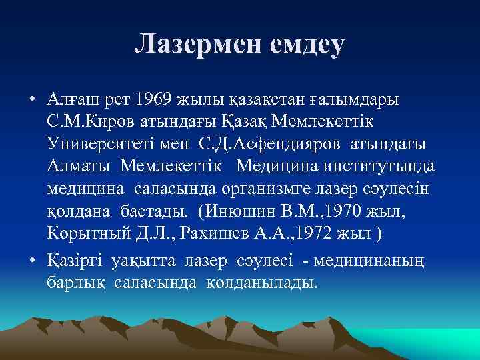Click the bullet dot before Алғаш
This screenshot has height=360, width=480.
point(32,100)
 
